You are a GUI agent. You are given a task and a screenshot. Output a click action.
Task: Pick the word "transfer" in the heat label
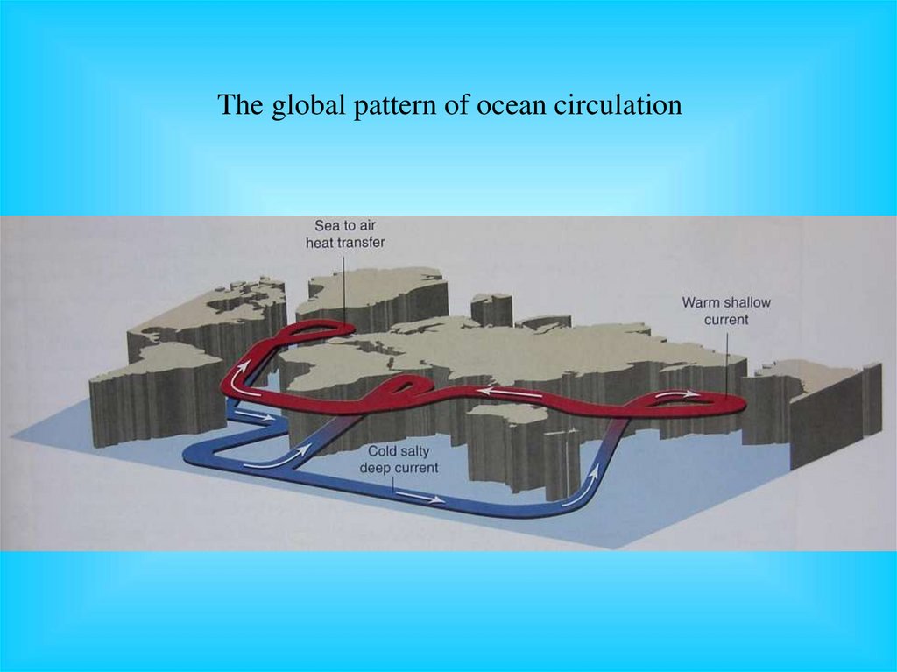360,242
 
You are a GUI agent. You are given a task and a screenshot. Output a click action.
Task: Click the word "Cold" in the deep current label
378,452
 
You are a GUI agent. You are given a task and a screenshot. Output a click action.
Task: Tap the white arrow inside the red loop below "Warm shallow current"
679,396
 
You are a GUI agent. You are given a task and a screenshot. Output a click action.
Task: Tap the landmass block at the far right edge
832,412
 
